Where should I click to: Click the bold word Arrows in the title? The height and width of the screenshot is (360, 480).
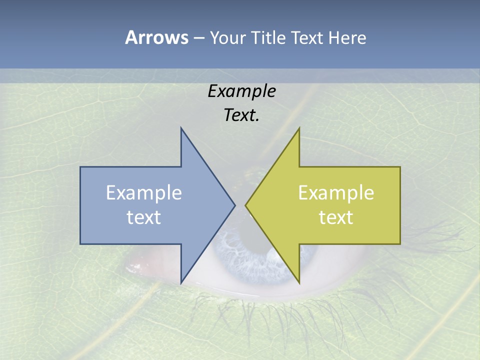tap(156, 37)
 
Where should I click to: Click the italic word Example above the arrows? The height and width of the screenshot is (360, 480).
tap(241, 91)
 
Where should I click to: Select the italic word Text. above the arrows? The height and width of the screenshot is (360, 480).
tap(241, 115)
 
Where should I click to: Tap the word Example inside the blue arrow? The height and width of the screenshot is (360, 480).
tap(144, 193)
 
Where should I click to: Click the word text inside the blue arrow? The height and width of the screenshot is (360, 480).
tap(144, 217)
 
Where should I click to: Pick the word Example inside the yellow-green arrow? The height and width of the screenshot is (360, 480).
tap(336, 193)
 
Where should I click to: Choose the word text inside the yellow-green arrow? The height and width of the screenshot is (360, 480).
tap(336, 217)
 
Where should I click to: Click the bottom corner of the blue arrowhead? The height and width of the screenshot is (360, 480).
tap(181, 282)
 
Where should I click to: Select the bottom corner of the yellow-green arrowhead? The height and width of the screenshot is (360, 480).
tap(299, 282)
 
